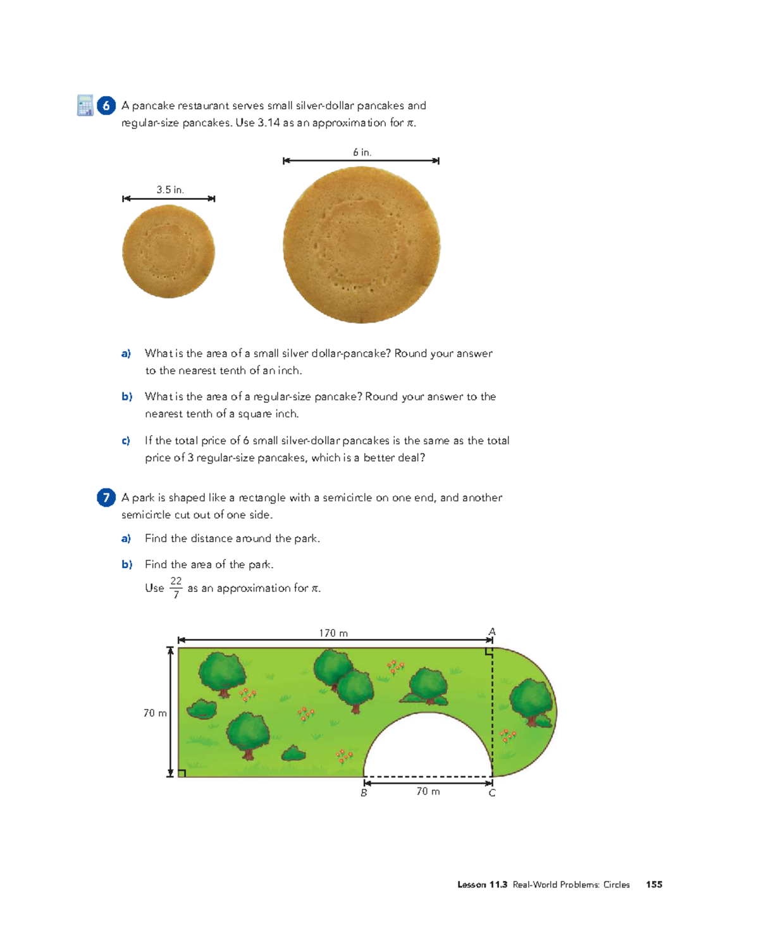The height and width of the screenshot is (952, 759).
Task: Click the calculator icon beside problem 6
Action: (x=85, y=105)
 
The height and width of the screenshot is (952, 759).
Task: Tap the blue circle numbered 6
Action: (x=106, y=106)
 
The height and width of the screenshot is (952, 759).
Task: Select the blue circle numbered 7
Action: (x=106, y=498)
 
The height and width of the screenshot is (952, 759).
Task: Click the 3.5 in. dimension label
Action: (x=170, y=190)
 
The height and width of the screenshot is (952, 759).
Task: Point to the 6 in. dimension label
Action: (x=362, y=152)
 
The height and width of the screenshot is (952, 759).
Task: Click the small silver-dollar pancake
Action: (x=168, y=251)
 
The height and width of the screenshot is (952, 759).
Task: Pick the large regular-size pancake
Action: (x=361, y=245)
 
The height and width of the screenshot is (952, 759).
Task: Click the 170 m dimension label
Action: (x=333, y=633)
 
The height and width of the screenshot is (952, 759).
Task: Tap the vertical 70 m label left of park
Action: (x=155, y=713)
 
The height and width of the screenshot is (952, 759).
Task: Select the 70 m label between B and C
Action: (x=428, y=791)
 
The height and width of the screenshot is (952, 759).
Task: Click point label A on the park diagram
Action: (x=492, y=632)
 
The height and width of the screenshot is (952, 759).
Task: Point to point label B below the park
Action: (x=364, y=793)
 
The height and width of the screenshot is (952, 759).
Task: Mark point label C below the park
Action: (x=492, y=793)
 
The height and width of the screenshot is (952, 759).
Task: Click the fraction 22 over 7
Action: (x=176, y=588)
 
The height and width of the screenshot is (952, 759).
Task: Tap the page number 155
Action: (x=654, y=884)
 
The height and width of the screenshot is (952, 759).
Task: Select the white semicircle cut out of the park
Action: (x=428, y=750)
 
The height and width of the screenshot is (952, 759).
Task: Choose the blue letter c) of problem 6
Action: (x=126, y=441)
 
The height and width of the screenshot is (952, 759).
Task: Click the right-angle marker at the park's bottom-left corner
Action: (x=182, y=773)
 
